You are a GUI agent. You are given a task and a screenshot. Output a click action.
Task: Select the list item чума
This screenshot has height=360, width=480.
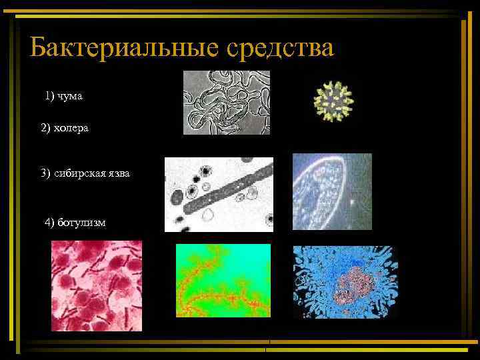coord(70,97)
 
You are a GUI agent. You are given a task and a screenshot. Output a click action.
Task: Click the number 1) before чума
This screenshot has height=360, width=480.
coord(50,97)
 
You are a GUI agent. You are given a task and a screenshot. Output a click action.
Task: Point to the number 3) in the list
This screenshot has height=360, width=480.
coord(45,173)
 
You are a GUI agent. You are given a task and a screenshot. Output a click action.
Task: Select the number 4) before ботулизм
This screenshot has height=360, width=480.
coord(49,221)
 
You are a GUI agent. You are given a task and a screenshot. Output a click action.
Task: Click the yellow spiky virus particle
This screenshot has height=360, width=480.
coord(332,102)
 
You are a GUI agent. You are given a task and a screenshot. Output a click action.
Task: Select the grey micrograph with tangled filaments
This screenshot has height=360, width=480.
coord(227,103)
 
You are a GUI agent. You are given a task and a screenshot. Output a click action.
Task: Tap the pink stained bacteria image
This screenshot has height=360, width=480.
coord(97,285)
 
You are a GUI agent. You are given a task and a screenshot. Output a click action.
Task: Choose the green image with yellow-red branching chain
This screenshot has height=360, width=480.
coord(223,280)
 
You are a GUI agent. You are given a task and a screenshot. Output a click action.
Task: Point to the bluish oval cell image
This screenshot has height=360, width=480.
coord(332,191)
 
